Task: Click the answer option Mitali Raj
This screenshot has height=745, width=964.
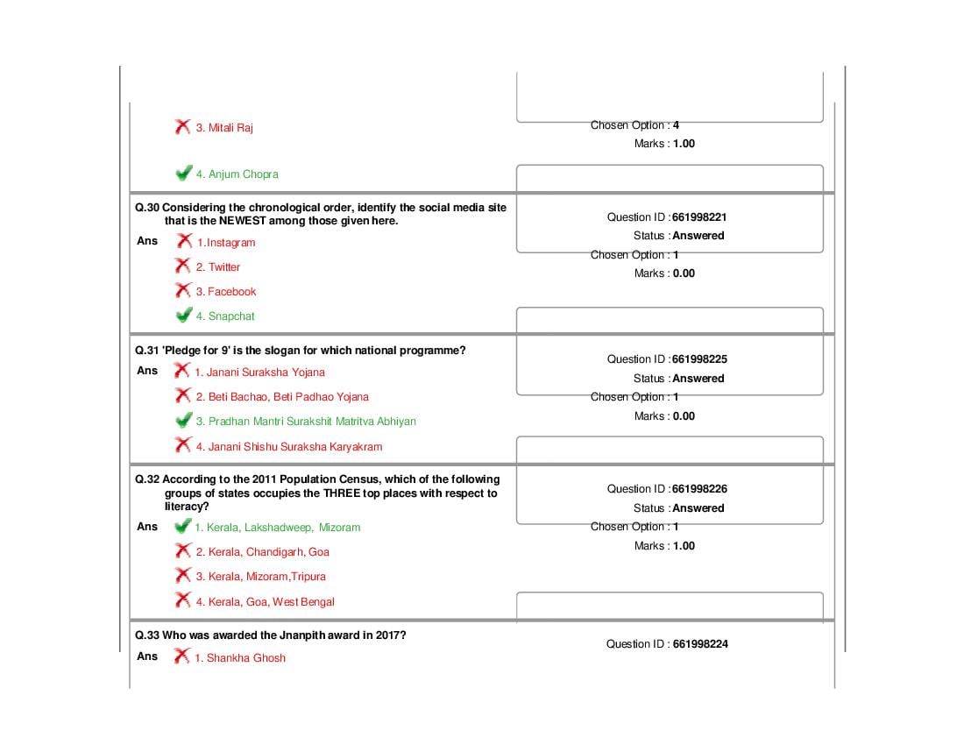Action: tap(223, 128)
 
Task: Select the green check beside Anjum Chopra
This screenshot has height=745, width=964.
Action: tap(183, 173)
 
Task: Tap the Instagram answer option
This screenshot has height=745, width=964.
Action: tap(225, 243)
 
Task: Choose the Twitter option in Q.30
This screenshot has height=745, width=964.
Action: tap(217, 267)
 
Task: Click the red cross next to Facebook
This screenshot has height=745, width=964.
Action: tap(182, 290)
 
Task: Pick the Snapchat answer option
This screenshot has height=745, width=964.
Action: tap(225, 316)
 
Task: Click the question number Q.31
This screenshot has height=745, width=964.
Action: tap(147, 351)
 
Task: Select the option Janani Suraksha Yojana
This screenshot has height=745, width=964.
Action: tap(259, 372)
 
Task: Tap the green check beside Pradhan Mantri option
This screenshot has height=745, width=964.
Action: tap(183, 420)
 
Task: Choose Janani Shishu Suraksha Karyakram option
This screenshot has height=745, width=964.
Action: tap(289, 447)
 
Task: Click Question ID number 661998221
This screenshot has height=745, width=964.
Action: tap(699, 217)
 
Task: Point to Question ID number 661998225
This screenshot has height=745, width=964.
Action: tap(699, 359)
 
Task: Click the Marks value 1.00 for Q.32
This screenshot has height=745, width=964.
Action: tap(684, 546)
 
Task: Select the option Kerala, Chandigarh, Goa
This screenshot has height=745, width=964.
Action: tap(263, 552)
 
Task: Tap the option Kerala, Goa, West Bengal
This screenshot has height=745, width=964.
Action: tap(265, 602)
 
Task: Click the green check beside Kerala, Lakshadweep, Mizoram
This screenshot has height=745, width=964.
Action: tap(182, 526)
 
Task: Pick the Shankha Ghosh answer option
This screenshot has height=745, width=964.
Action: tap(240, 658)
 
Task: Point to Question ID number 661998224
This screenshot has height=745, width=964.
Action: tap(700, 644)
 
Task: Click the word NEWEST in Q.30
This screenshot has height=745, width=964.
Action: tap(242, 221)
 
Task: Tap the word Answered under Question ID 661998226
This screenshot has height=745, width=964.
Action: tap(698, 508)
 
